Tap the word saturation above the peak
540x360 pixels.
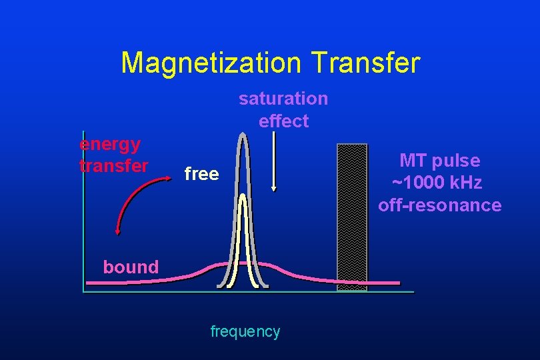(x=283, y=99)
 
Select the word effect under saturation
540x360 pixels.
(x=283, y=121)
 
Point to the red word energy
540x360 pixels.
(x=110, y=144)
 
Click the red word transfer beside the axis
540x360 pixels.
(x=113, y=165)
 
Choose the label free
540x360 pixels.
(x=201, y=174)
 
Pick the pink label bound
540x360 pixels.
(x=131, y=267)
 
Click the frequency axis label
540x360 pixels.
(x=245, y=331)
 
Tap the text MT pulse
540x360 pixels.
(x=439, y=161)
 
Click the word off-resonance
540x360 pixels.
(x=439, y=205)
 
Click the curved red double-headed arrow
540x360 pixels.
(x=137, y=199)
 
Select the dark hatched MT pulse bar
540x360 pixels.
(x=352, y=217)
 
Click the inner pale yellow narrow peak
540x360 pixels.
(x=243, y=240)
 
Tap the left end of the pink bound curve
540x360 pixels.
(x=89, y=283)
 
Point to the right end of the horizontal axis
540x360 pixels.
(x=412, y=292)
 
